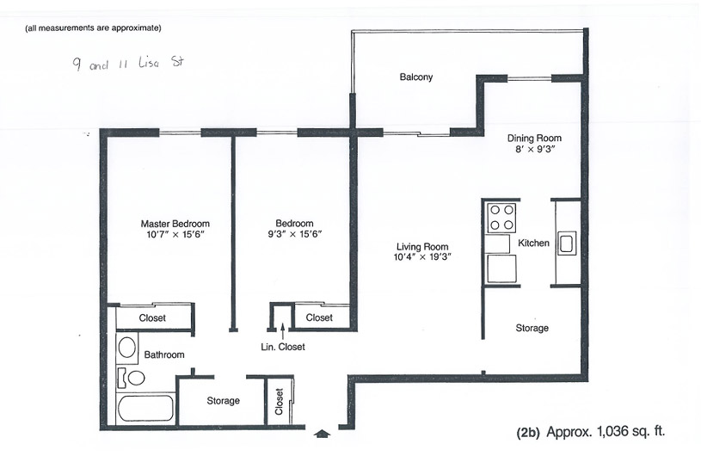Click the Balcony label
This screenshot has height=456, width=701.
click(x=415, y=77)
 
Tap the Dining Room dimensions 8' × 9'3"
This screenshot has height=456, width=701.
click(x=535, y=150)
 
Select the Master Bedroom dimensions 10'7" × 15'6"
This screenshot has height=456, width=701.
click(x=175, y=234)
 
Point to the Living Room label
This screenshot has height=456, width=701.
click(x=422, y=246)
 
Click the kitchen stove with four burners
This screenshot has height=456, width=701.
click(x=501, y=218)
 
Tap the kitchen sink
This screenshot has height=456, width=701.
click(x=567, y=243)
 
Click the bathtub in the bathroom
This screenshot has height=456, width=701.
click(x=145, y=408)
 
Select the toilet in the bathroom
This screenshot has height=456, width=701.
click(x=131, y=379)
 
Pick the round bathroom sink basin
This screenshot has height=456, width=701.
click(x=127, y=348)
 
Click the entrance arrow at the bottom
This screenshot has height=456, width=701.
click(x=322, y=434)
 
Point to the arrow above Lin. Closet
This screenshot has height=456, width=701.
click(x=282, y=332)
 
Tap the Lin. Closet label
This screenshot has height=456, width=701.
click(x=282, y=347)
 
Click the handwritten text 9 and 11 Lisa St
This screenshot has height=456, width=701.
click(x=128, y=63)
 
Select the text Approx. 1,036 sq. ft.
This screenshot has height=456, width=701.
click(x=606, y=432)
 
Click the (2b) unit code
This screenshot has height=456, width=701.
click(x=528, y=432)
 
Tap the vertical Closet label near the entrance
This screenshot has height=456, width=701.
click(x=279, y=402)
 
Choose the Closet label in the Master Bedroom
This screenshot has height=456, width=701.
click(x=152, y=317)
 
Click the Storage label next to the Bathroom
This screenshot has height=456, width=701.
click(x=223, y=401)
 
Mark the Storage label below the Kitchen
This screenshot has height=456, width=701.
click(x=532, y=328)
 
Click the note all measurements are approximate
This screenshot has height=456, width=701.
click(x=93, y=28)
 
